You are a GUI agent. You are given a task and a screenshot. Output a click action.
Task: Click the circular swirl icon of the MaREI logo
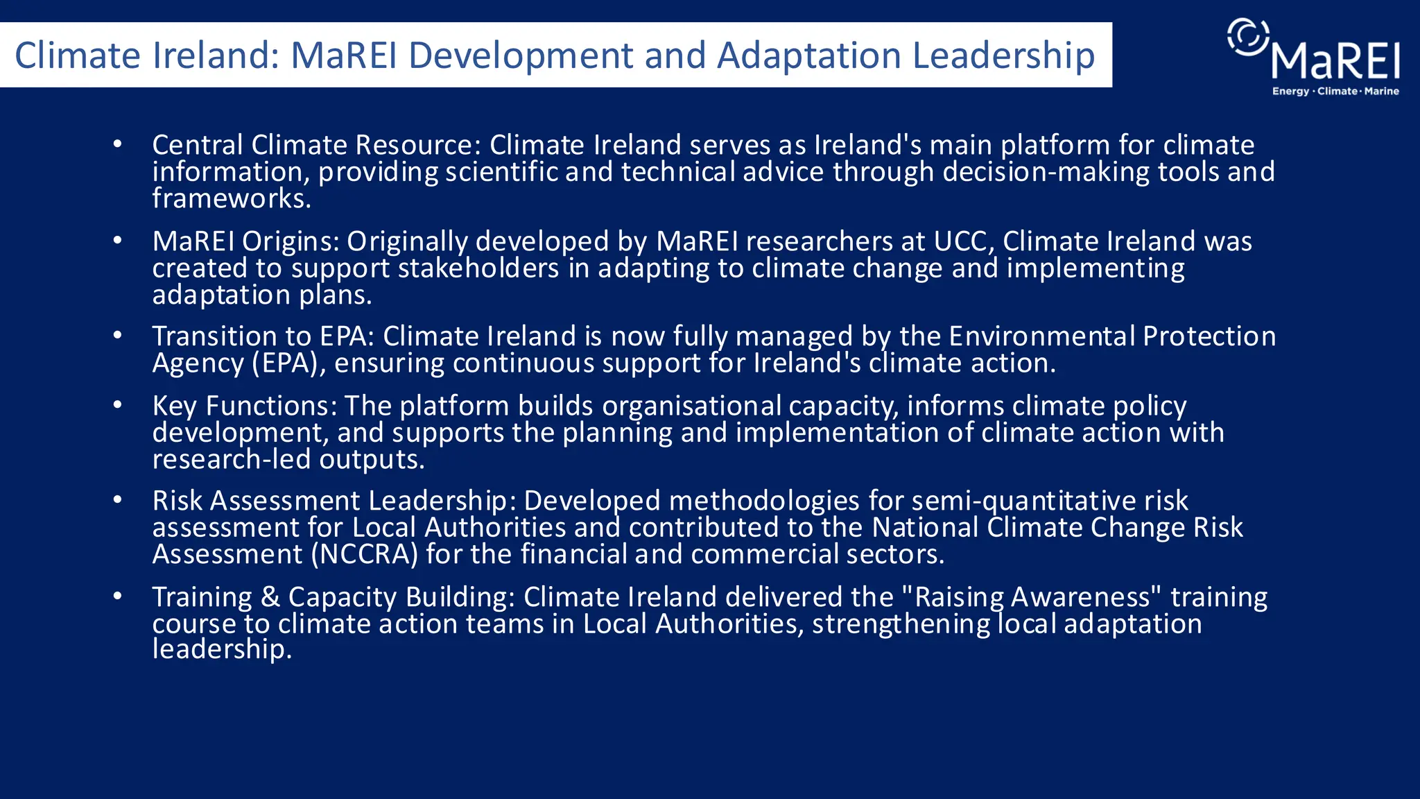click(x=1248, y=36)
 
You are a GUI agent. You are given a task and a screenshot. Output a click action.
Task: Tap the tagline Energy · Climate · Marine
click(x=1335, y=92)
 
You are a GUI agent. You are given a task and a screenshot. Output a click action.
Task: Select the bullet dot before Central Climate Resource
click(x=118, y=144)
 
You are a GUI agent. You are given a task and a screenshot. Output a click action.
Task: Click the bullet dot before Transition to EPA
click(x=118, y=336)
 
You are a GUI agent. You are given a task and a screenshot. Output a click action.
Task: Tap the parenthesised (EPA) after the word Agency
click(x=288, y=363)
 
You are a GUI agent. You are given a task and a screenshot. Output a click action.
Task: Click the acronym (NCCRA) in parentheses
click(x=365, y=554)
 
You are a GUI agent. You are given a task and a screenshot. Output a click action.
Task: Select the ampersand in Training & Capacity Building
click(x=270, y=597)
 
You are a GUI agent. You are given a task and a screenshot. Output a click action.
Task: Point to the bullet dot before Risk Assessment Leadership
click(x=118, y=500)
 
